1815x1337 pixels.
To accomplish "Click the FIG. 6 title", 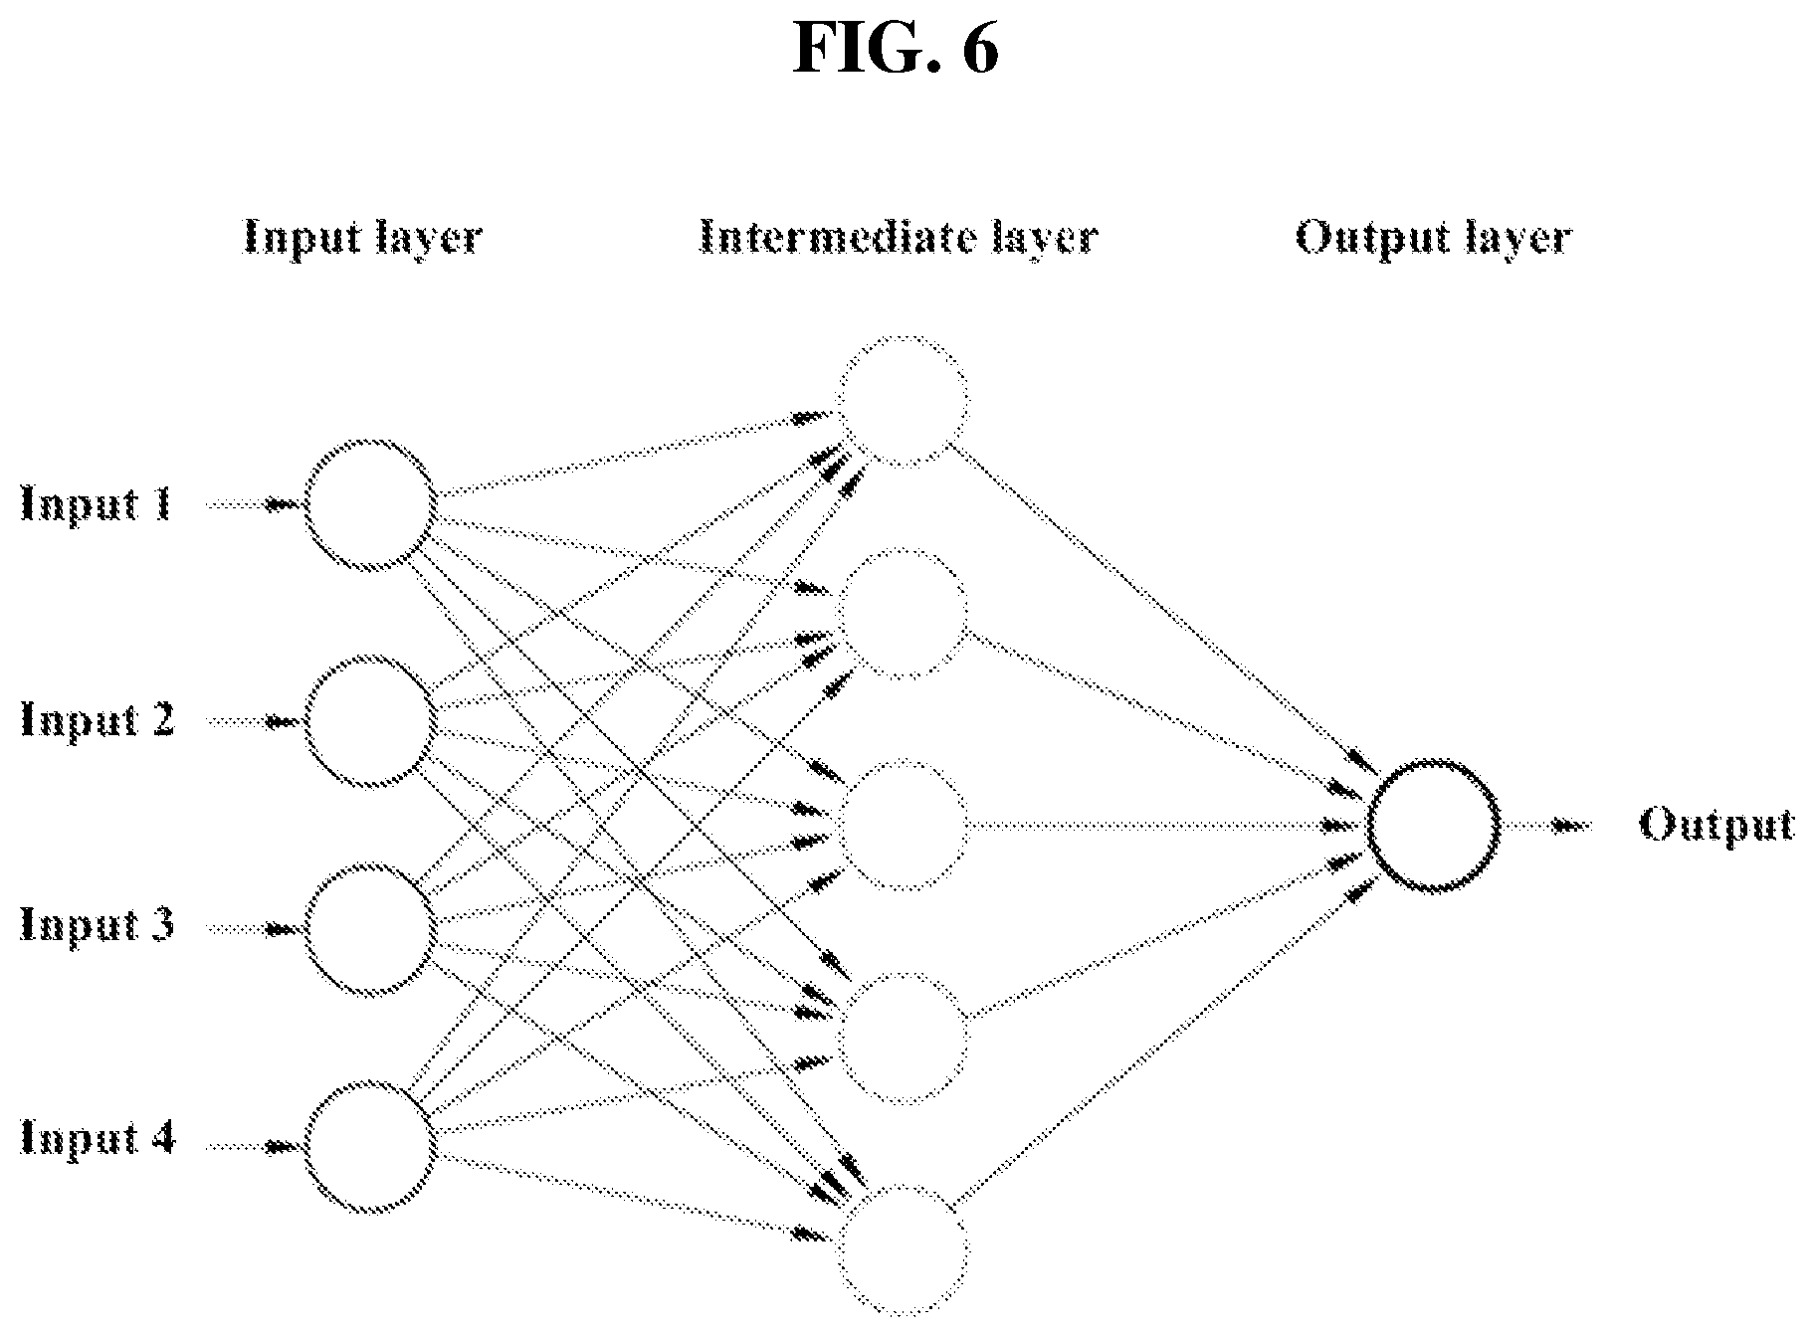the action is (896, 47).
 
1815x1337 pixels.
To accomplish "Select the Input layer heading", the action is (363, 238).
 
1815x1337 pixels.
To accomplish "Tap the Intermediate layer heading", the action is (899, 237).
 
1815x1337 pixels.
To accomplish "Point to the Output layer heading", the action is (1433, 238).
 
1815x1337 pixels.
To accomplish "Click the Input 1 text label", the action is (97, 504).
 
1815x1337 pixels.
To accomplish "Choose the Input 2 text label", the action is (98, 718).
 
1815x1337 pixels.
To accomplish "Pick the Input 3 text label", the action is (98, 924).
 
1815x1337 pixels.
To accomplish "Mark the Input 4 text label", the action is (98, 1137).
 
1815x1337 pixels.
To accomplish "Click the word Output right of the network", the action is (1716, 825).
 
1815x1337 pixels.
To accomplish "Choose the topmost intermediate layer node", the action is (840, 401).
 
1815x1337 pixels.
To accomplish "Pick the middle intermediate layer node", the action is (840, 825).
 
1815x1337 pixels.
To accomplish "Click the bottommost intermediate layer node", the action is (840, 1249).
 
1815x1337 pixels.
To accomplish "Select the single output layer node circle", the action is (1369, 825).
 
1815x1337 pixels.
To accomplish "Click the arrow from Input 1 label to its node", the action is (253, 504).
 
